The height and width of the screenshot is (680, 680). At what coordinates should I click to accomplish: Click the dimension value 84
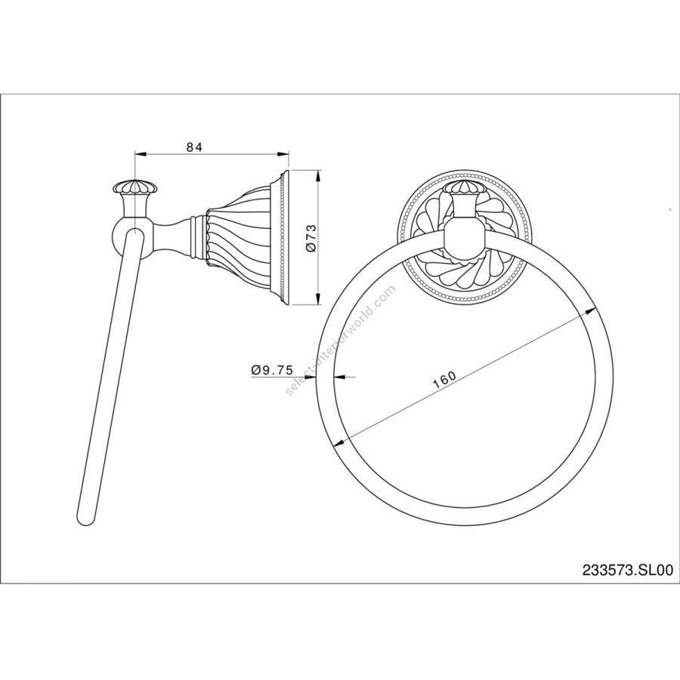pos(195,147)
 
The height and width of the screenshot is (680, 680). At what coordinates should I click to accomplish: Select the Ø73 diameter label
pos(312,238)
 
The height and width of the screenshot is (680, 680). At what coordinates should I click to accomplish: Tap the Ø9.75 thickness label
pos(272,370)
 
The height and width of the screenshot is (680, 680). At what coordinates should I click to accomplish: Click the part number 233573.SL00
pos(628,570)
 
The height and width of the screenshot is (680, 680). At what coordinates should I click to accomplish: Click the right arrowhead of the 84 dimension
pos(283,153)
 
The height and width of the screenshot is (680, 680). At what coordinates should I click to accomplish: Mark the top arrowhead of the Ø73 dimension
pos(318,175)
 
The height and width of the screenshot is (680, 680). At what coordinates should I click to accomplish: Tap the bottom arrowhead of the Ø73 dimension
pos(318,299)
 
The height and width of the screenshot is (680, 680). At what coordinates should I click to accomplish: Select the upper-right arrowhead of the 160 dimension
pos(589,311)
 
